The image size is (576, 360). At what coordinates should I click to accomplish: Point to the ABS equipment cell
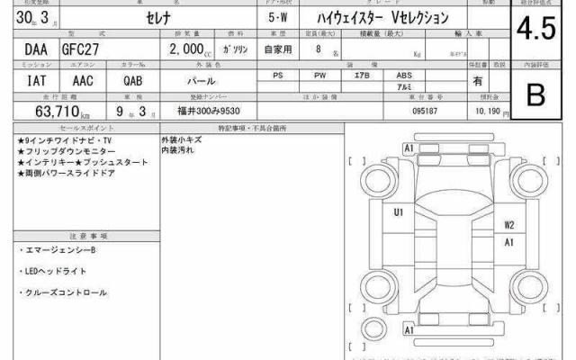[x=405, y=76]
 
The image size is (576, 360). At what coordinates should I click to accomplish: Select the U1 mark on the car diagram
[x=399, y=213]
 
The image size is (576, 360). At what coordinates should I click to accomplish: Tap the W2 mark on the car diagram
[x=509, y=225]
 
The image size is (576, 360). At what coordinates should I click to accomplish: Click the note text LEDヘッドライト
[x=55, y=270]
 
